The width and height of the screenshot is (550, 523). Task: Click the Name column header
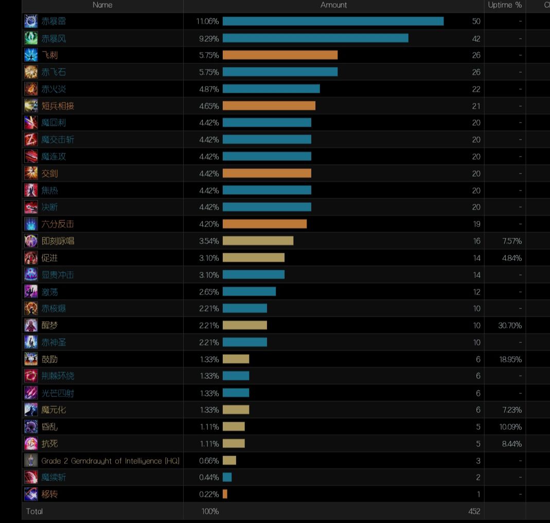point(102,5)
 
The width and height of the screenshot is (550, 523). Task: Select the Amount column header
point(333,5)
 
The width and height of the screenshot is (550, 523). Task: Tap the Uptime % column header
point(505,5)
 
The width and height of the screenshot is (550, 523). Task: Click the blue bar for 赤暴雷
point(333,21)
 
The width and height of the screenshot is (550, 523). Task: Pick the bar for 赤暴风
point(315,38)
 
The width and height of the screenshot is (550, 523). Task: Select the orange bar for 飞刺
point(280,55)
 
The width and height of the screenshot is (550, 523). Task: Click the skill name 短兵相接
point(58,106)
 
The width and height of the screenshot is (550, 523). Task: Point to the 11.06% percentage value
point(207,21)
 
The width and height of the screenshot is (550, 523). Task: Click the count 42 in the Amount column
point(476,39)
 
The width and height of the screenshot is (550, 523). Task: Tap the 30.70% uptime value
point(510,325)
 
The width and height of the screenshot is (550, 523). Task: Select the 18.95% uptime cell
point(510,359)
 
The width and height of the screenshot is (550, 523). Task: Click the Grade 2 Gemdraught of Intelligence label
point(110,461)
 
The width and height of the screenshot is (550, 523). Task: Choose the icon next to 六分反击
point(31,224)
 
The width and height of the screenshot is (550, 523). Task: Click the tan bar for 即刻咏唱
point(258,241)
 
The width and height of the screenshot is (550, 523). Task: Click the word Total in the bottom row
point(34,511)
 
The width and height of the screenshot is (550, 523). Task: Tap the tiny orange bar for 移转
point(225,494)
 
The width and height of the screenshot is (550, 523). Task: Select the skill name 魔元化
point(54,410)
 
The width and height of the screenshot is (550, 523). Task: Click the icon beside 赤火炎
point(31,89)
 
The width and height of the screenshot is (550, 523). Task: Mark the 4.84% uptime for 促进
point(511,258)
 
